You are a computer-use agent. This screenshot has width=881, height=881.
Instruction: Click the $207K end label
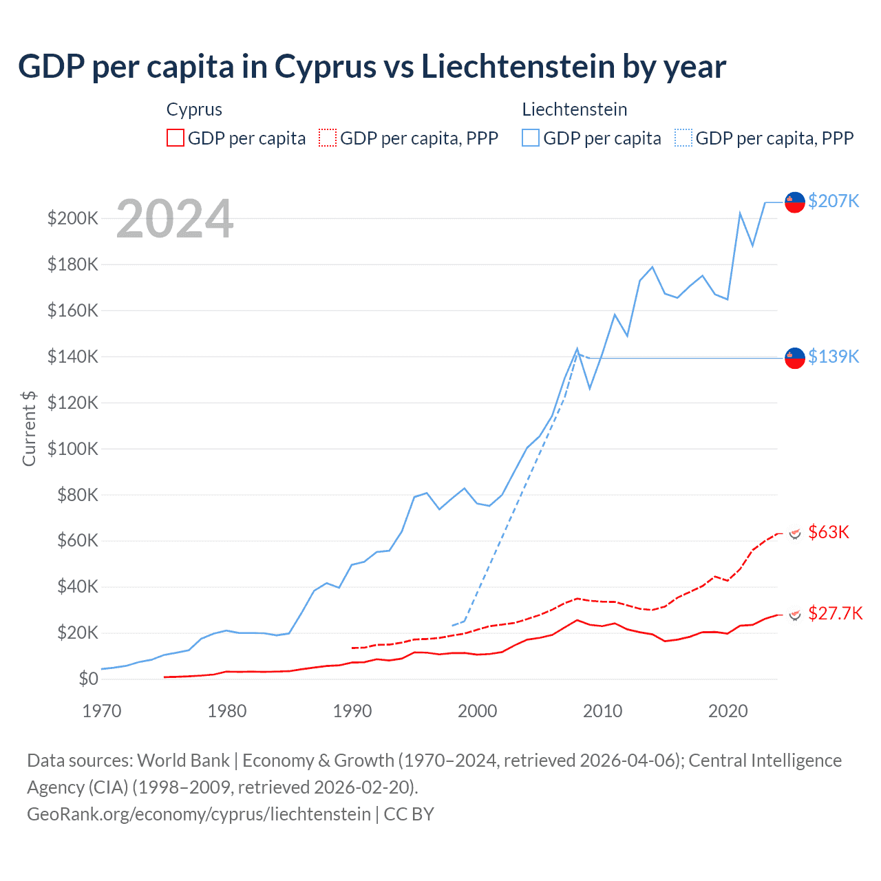(x=834, y=201)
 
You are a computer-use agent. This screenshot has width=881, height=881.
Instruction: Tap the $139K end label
(x=834, y=357)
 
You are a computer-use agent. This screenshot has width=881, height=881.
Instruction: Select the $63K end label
(x=829, y=532)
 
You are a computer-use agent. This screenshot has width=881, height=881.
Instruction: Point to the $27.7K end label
(x=835, y=613)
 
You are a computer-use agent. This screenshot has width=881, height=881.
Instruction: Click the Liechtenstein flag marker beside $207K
(x=795, y=202)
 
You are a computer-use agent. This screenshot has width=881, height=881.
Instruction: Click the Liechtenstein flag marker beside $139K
(x=795, y=358)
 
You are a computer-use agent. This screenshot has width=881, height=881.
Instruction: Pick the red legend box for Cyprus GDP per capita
(x=176, y=138)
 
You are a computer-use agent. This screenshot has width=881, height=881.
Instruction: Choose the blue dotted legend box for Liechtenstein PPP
(x=683, y=138)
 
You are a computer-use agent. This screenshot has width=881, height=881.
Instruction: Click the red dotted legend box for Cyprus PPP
(x=328, y=138)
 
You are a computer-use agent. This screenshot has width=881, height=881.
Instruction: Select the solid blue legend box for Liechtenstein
(x=531, y=138)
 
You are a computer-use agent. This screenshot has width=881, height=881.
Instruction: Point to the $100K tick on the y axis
(x=72, y=449)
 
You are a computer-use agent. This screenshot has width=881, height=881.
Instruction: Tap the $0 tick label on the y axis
(x=88, y=679)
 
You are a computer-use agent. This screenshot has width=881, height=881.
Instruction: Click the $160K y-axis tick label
(x=72, y=310)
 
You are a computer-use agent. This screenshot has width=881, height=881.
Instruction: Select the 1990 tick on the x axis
(x=352, y=711)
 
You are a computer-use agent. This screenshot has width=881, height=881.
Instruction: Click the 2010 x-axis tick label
(x=603, y=711)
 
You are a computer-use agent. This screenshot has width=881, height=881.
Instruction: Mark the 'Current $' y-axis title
(x=29, y=428)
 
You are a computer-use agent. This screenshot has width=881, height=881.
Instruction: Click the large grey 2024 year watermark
(x=175, y=220)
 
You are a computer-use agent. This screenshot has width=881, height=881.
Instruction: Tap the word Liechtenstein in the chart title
(x=518, y=67)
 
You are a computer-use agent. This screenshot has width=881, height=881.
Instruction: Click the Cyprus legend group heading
(x=194, y=109)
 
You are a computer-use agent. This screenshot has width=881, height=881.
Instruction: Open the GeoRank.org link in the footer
(x=199, y=814)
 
